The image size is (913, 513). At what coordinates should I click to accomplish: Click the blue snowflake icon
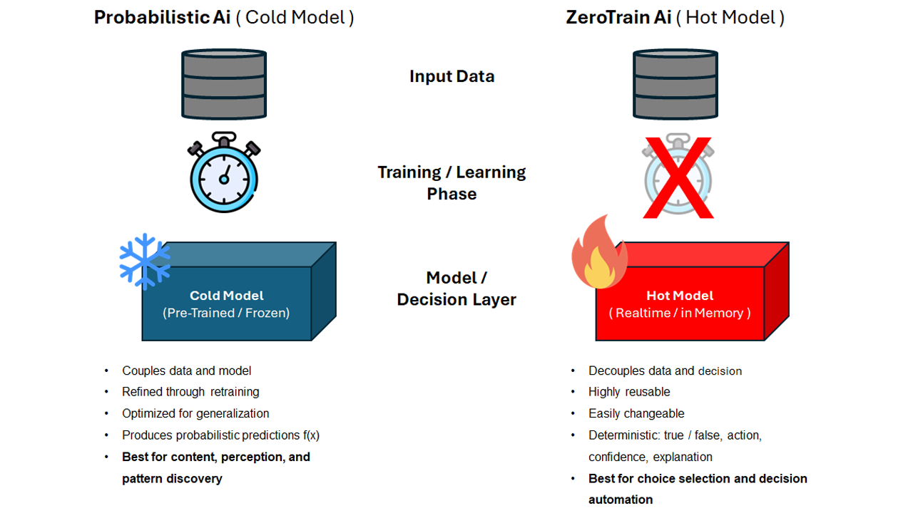(x=145, y=261)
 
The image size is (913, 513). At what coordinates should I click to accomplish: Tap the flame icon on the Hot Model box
(x=599, y=254)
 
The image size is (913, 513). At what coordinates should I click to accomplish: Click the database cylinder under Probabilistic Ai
(x=224, y=83)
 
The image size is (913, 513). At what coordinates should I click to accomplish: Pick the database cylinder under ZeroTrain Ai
(x=675, y=83)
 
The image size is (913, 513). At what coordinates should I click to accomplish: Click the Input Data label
(x=452, y=76)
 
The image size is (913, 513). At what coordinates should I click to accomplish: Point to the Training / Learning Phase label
(x=452, y=182)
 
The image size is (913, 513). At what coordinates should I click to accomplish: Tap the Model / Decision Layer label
(x=456, y=289)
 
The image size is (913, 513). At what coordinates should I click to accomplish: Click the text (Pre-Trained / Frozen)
(x=226, y=313)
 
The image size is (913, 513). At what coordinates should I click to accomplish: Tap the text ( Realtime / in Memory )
(x=679, y=313)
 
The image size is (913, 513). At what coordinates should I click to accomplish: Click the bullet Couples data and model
(x=186, y=370)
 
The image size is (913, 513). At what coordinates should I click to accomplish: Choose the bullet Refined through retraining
(x=190, y=392)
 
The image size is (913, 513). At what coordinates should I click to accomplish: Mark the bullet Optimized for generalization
(x=195, y=413)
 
